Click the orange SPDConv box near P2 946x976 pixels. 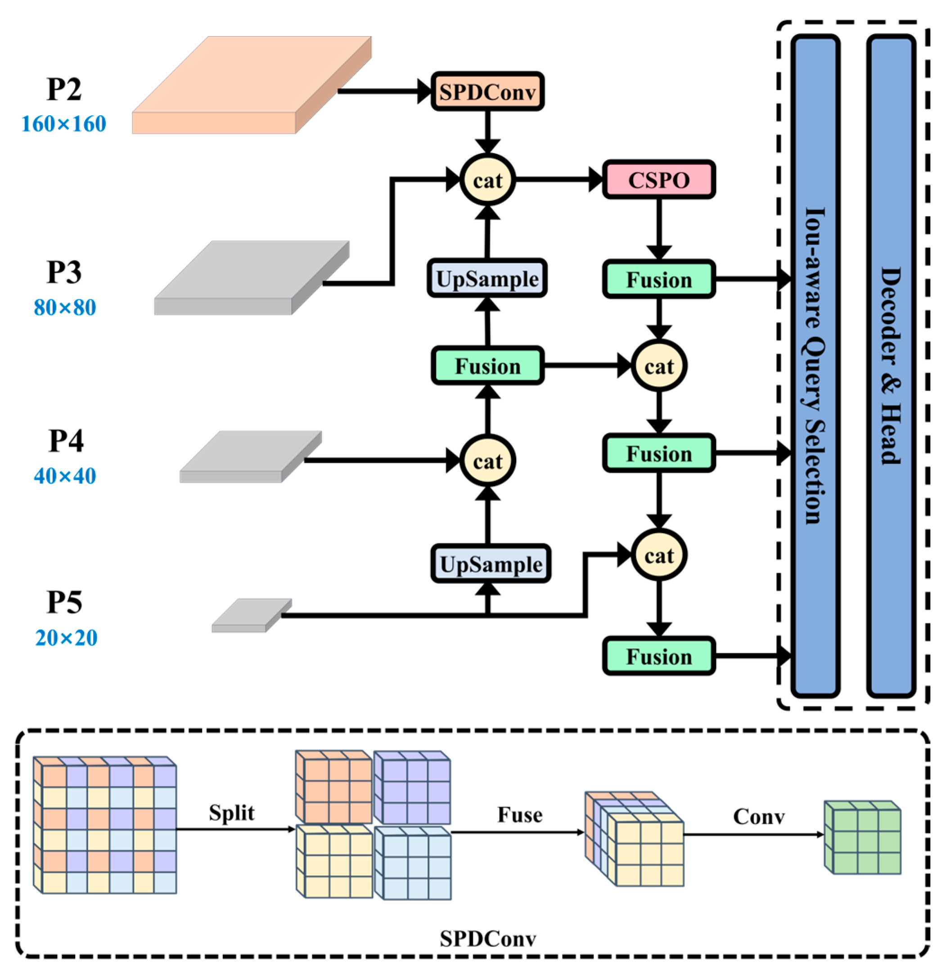[x=487, y=92]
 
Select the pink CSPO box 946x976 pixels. [x=658, y=180]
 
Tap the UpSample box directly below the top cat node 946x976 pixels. [x=487, y=278]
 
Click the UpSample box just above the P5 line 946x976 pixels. [x=491, y=564]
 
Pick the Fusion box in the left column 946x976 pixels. [x=487, y=366]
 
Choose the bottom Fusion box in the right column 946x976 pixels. [x=658, y=656]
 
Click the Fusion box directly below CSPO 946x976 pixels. [x=658, y=280]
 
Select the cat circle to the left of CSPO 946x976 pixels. [x=487, y=180]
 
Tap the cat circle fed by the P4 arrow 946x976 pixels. [x=487, y=461]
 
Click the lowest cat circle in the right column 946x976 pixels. [x=658, y=555]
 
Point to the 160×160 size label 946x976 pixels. [x=64, y=124]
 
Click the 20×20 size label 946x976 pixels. [x=66, y=638]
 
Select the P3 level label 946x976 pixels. [x=64, y=272]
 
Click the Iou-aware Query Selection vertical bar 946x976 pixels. [x=815, y=366]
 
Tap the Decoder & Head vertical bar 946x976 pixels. [x=891, y=366]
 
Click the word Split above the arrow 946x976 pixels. [x=231, y=813]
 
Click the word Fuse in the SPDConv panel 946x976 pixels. [x=520, y=815]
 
